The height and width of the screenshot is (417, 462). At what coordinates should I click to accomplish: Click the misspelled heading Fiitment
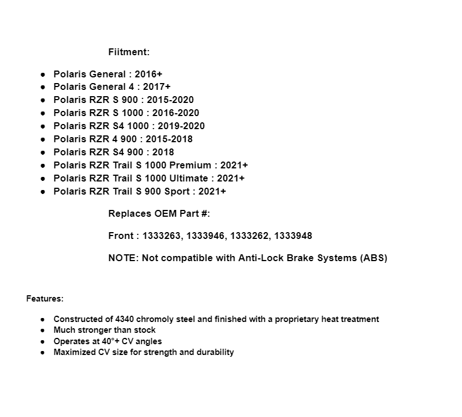pyautogui.click(x=129, y=52)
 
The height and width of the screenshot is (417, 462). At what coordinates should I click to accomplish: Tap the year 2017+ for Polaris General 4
pyautogui.click(x=157, y=87)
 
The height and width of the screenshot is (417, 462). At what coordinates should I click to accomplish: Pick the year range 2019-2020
pyautogui.click(x=181, y=126)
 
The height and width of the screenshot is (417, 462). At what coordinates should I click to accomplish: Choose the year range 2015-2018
pyautogui.click(x=169, y=139)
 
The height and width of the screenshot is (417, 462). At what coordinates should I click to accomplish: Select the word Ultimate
pyautogui.click(x=190, y=179)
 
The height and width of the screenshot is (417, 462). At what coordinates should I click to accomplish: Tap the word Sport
pyautogui.click(x=178, y=192)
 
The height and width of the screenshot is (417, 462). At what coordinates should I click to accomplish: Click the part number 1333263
pyautogui.click(x=162, y=236)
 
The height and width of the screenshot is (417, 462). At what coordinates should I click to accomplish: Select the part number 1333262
pyautogui.click(x=251, y=236)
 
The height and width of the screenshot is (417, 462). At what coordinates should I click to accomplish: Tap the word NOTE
pyautogui.click(x=122, y=258)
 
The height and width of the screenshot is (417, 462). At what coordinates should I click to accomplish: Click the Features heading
pyautogui.click(x=45, y=298)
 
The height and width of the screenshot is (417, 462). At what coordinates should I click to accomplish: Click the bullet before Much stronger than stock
pyautogui.click(x=43, y=330)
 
